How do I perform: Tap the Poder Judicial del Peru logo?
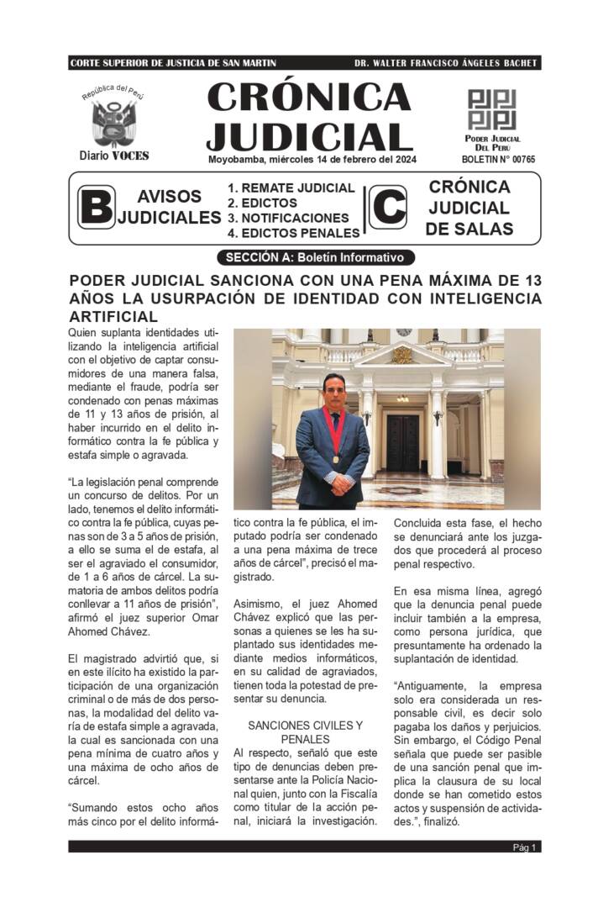click(x=491, y=109)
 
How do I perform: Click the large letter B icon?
click(x=96, y=207)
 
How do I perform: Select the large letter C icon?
click(x=388, y=207)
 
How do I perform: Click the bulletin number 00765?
click(x=498, y=159)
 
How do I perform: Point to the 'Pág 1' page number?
click(x=525, y=847)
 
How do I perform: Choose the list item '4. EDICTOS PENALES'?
click(x=294, y=233)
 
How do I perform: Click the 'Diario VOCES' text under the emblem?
click(x=114, y=156)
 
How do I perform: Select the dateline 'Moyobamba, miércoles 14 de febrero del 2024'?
click(x=312, y=159)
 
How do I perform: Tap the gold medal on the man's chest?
click(x=337, y=460)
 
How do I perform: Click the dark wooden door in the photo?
click(x=402, y=442)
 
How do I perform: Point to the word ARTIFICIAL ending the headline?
click(x=113, y=316)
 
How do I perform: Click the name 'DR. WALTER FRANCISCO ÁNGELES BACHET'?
click(x=446, y=63)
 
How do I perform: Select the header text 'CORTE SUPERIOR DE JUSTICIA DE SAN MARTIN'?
click(x=173, y=63)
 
